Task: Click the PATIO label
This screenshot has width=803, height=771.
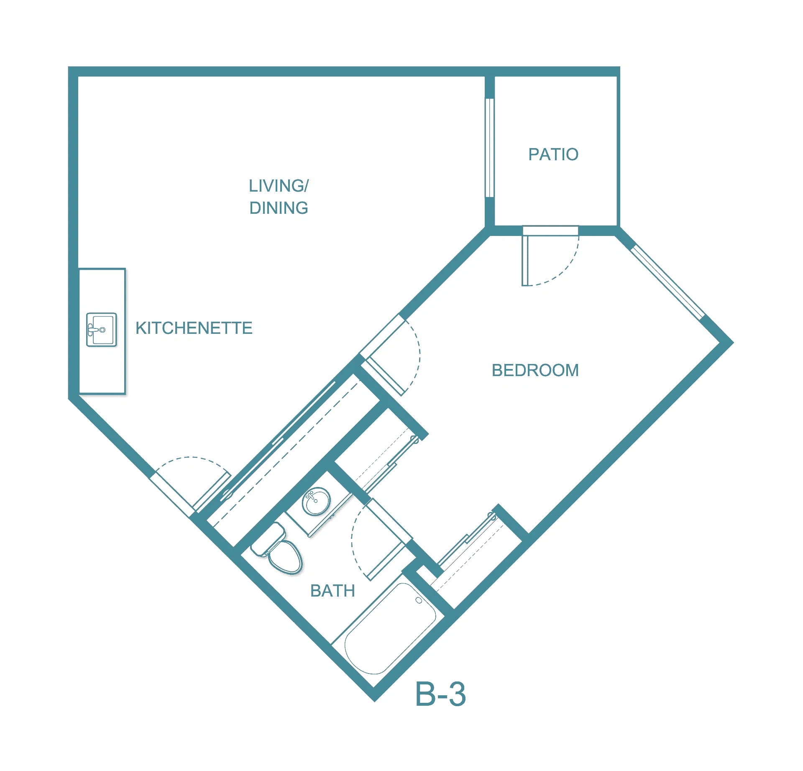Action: pos(553,154)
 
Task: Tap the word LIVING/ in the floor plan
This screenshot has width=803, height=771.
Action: pos(279,186)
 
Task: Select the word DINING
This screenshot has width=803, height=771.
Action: pos(279,208)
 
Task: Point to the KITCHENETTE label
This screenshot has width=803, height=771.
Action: pos(194,328)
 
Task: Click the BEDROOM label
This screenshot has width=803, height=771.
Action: pos(535,370)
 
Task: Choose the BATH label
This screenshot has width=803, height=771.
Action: pos(332,591)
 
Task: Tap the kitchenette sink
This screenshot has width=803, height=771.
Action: pos(102,330)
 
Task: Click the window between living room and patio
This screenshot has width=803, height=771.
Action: pos(489,148)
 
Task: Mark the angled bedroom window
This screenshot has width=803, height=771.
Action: pos(667,282)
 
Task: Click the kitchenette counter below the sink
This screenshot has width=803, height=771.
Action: pos(102,370)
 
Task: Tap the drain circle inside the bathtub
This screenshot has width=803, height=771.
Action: pos(419,601)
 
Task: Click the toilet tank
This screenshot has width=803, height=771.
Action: pos(268,539)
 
